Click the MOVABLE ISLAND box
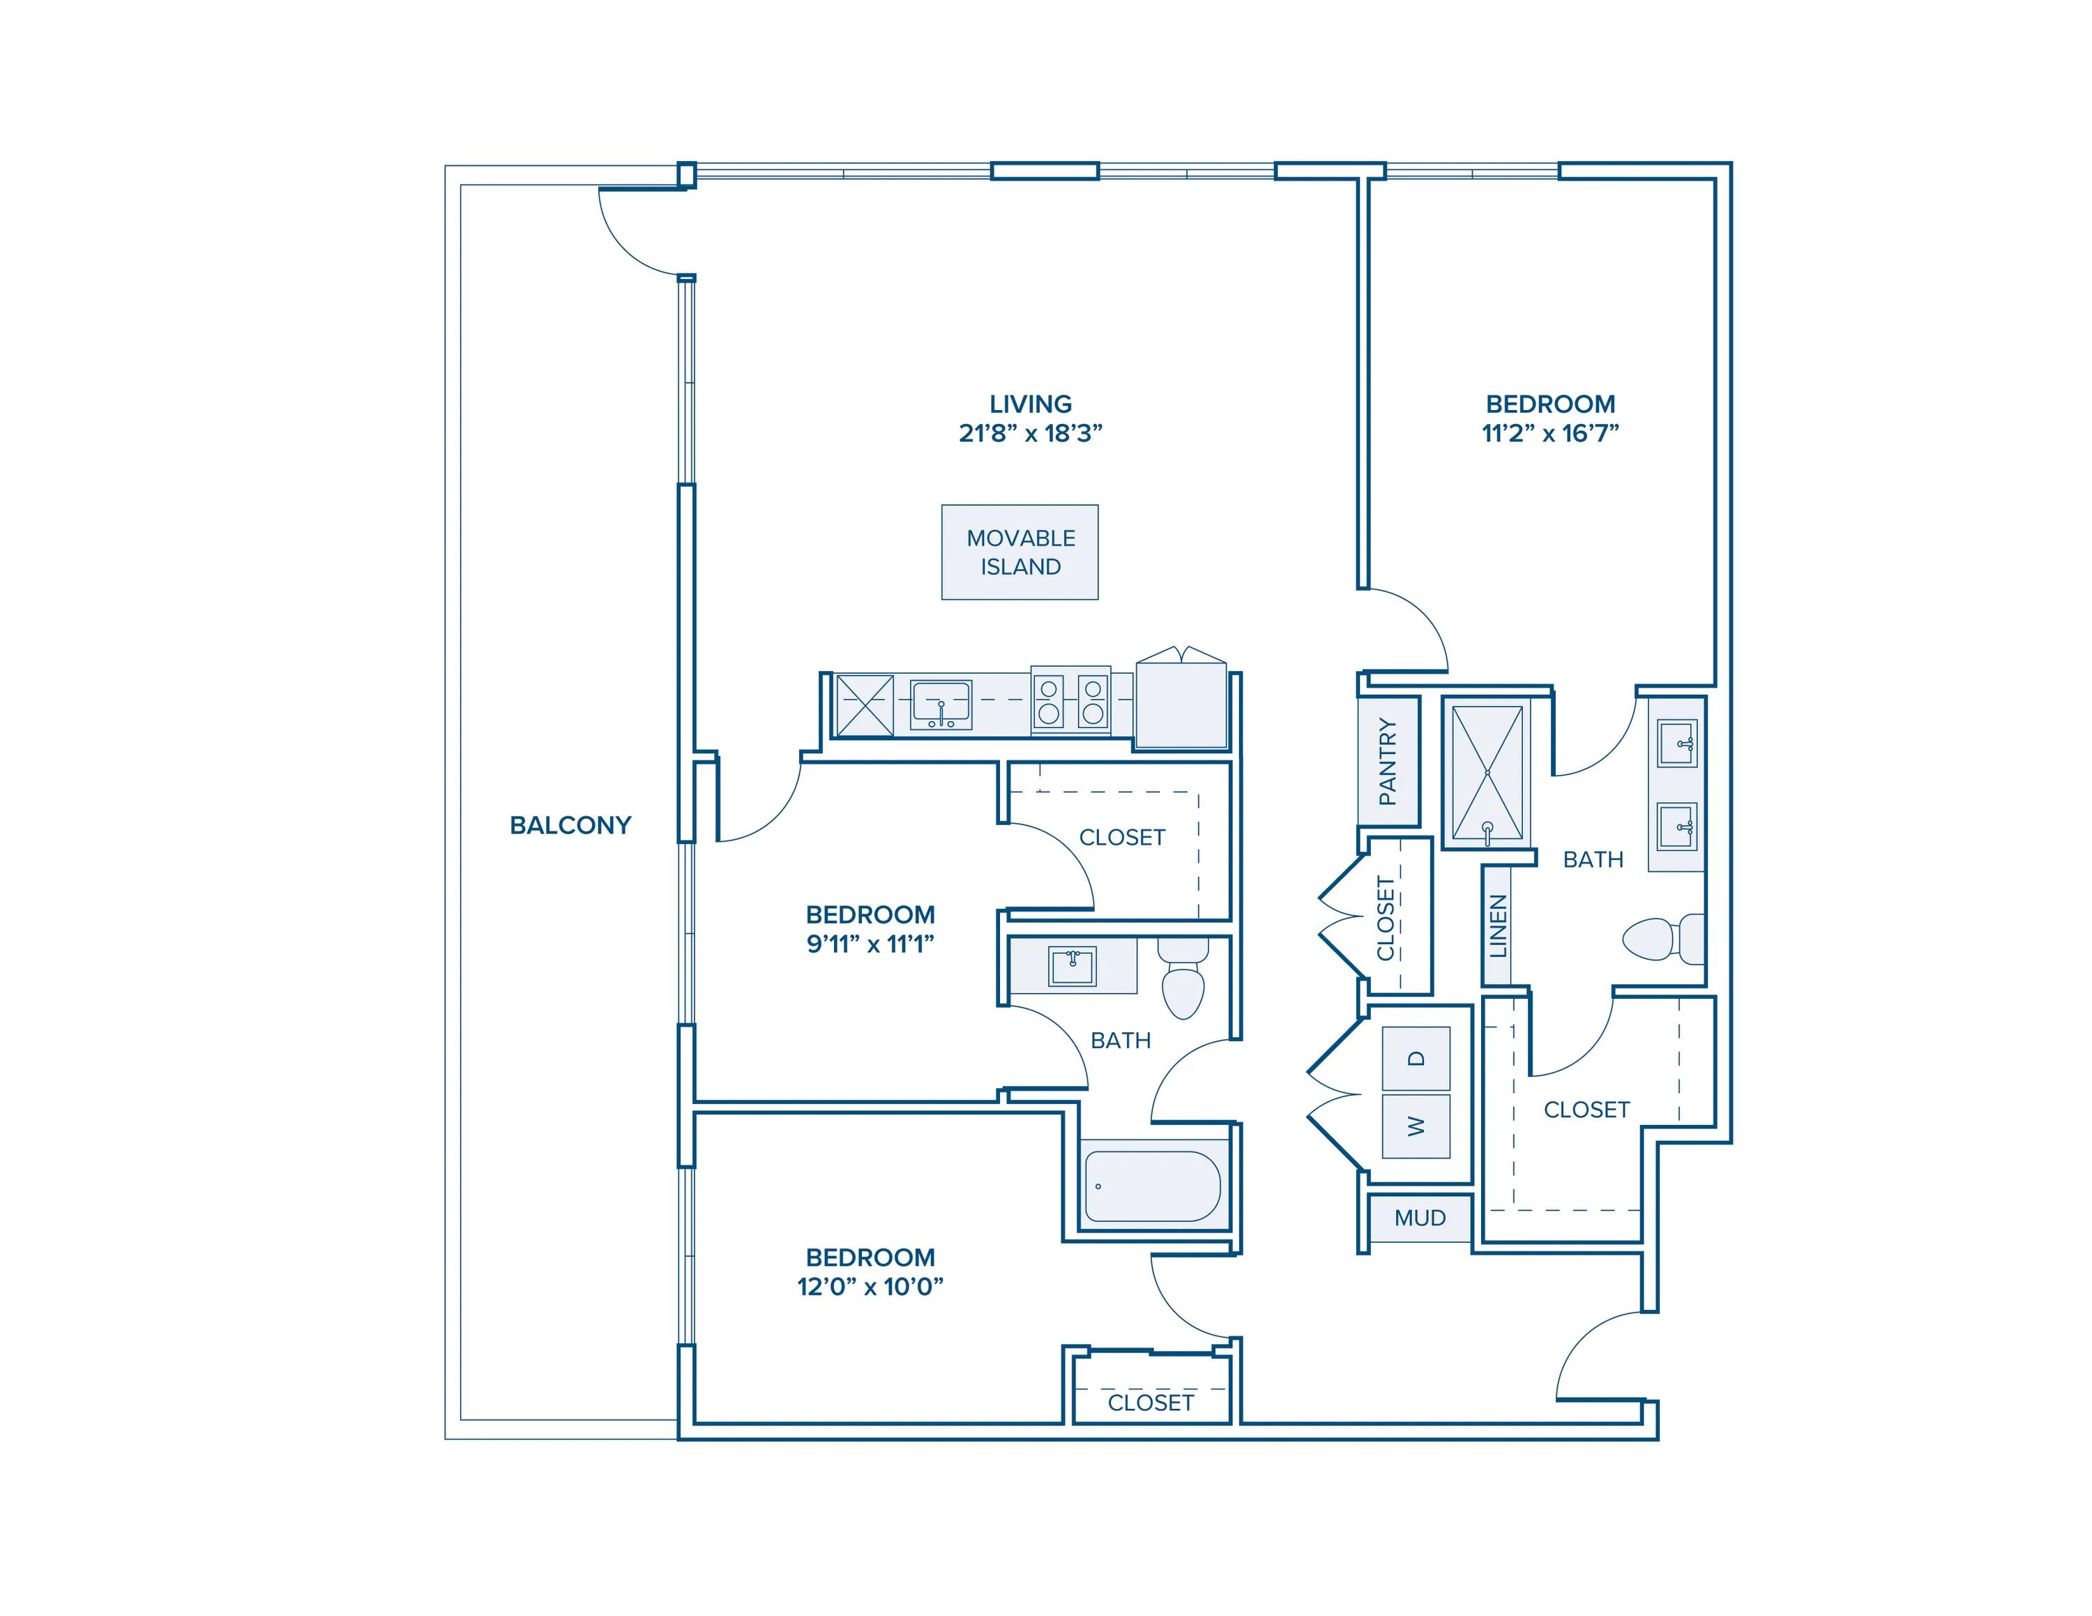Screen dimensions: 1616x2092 tap(1020, 552)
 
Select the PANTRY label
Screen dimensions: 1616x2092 tap(1387, 762)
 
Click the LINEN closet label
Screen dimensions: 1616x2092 tap(1498, 926)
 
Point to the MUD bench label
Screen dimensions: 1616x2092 tap(1420, 1218)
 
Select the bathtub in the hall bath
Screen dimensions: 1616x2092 tap(1152, 1186)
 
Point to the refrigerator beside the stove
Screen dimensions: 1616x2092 tap(1181, 704)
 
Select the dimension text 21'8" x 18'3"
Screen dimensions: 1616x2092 tap(1031, 433)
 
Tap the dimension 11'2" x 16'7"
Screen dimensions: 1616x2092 tap(1550, 433)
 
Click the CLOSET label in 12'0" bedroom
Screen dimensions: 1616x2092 tap(1151, 1403)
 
